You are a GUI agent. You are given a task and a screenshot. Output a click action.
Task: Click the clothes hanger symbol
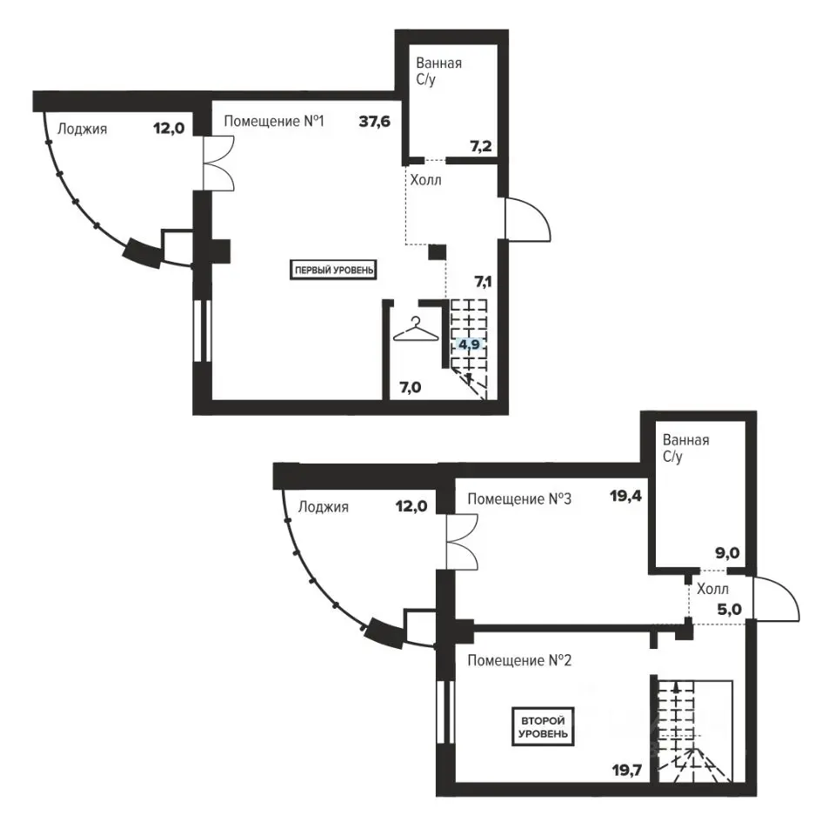[416, 330]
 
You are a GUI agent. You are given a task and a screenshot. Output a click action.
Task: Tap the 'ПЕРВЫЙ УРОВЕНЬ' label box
[333, 270]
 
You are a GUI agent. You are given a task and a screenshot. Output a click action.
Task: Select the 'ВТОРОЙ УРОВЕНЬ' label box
[543, 727]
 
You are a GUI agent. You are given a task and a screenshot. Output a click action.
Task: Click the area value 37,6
[374, 122]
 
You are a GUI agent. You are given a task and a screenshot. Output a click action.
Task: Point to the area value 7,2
[480, 146]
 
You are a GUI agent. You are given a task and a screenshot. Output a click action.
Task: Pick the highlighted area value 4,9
[469, 344]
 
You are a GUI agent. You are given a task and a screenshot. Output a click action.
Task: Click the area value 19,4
[625, 497]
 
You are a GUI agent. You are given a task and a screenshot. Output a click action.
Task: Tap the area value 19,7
[627, 770]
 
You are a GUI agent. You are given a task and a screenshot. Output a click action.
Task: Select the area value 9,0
[727, 553]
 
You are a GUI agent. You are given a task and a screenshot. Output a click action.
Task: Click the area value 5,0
[729, 609]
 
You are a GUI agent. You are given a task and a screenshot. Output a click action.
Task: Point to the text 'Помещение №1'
[274, 122]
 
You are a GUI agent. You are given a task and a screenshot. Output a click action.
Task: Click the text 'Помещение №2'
[519, 661]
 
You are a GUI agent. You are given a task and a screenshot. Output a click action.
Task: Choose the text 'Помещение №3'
[519, 499]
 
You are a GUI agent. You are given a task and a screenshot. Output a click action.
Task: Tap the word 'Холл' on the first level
[425, 180]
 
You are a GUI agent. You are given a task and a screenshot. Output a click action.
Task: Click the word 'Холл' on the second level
[712, 589]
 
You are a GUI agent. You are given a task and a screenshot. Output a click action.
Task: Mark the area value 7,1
[483, 281]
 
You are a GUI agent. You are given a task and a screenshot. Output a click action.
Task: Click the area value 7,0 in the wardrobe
[410, 387]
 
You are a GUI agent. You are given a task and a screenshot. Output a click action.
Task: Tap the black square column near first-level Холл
[438, 252]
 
